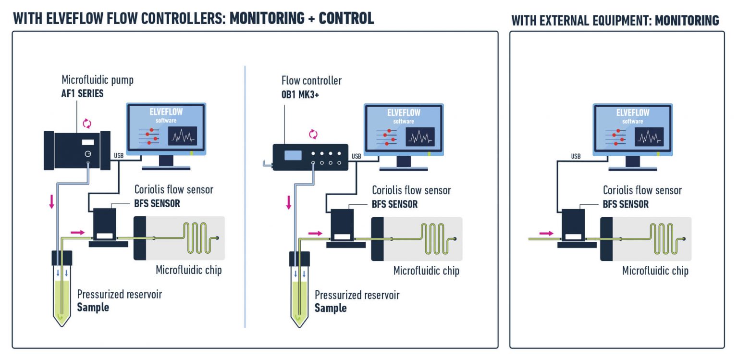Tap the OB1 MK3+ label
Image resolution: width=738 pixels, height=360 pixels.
tap(300, 95)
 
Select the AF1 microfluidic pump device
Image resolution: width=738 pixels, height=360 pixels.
tap(77, 149)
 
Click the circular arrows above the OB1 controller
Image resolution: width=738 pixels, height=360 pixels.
tap(313, 134)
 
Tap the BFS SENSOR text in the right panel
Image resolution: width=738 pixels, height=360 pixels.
tap(625, 204)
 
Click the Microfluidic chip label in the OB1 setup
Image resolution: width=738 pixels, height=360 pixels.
tap(426, 271)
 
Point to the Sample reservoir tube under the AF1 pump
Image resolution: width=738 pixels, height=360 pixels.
tap(61, 288)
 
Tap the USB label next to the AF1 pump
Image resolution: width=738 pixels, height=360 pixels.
tap(119, 156)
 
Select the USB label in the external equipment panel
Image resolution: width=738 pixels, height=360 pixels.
tap(576, 156)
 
